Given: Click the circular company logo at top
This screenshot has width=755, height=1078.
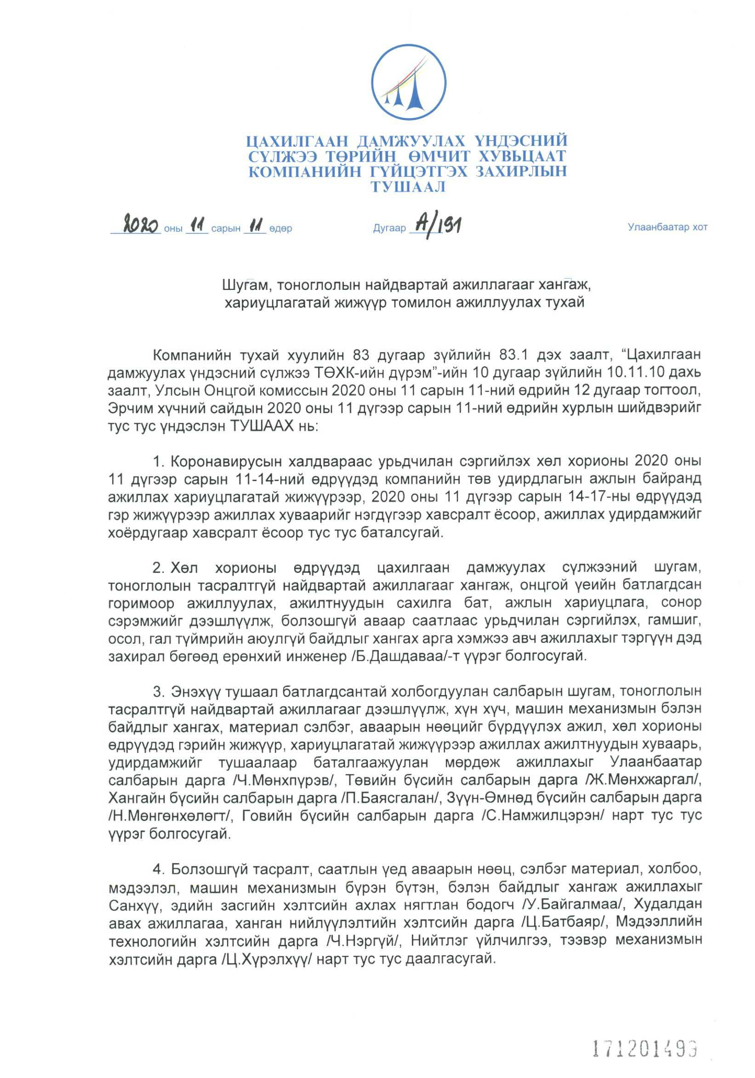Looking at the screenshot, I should click(408, 85).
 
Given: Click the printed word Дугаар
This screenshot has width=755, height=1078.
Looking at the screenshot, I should click(389, 229).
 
